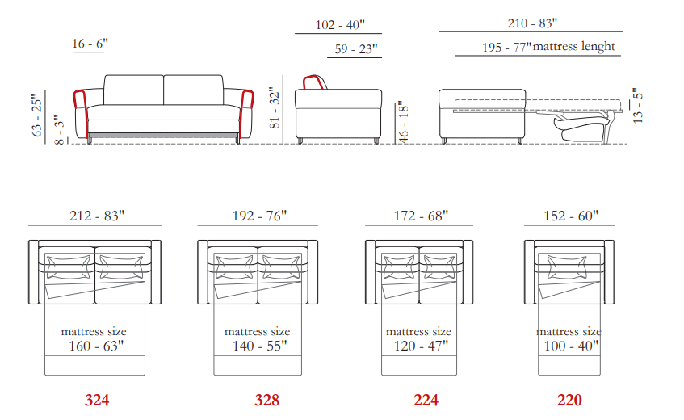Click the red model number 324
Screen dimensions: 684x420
97,401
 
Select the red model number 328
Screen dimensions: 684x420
267,401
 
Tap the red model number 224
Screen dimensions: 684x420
426,401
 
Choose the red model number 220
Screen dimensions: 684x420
569,401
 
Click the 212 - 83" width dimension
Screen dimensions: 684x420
97,216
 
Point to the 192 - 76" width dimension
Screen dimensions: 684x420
259,216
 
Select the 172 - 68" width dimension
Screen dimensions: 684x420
421,216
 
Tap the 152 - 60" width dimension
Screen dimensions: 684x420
571,216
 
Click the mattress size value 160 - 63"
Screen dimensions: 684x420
96,346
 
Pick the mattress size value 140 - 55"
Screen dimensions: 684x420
259,346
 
